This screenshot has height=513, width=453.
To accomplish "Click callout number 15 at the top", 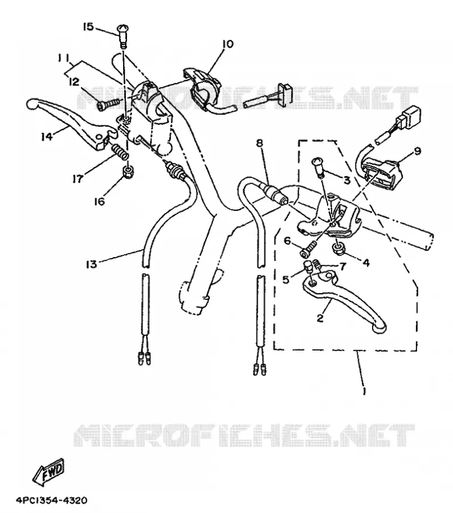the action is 88,26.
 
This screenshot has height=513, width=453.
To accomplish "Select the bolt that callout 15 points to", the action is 123,36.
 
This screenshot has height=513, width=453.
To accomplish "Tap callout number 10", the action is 228,43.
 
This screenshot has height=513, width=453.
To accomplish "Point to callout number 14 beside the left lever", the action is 47,136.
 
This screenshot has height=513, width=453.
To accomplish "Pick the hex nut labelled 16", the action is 128,172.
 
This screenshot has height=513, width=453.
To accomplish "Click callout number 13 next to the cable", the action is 92,264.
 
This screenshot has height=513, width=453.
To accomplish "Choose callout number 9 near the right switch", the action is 417,151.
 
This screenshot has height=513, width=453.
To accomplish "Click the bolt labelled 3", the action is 320,166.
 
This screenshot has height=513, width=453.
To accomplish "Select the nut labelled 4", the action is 337,249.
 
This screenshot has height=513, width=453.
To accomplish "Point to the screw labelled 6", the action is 307,249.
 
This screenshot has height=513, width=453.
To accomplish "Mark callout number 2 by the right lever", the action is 320,317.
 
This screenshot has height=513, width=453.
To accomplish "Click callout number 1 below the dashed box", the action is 364,390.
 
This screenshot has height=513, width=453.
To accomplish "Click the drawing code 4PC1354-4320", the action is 52,500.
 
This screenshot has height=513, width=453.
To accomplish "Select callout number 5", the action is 286,279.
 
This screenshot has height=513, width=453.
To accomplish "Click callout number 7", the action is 342,267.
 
